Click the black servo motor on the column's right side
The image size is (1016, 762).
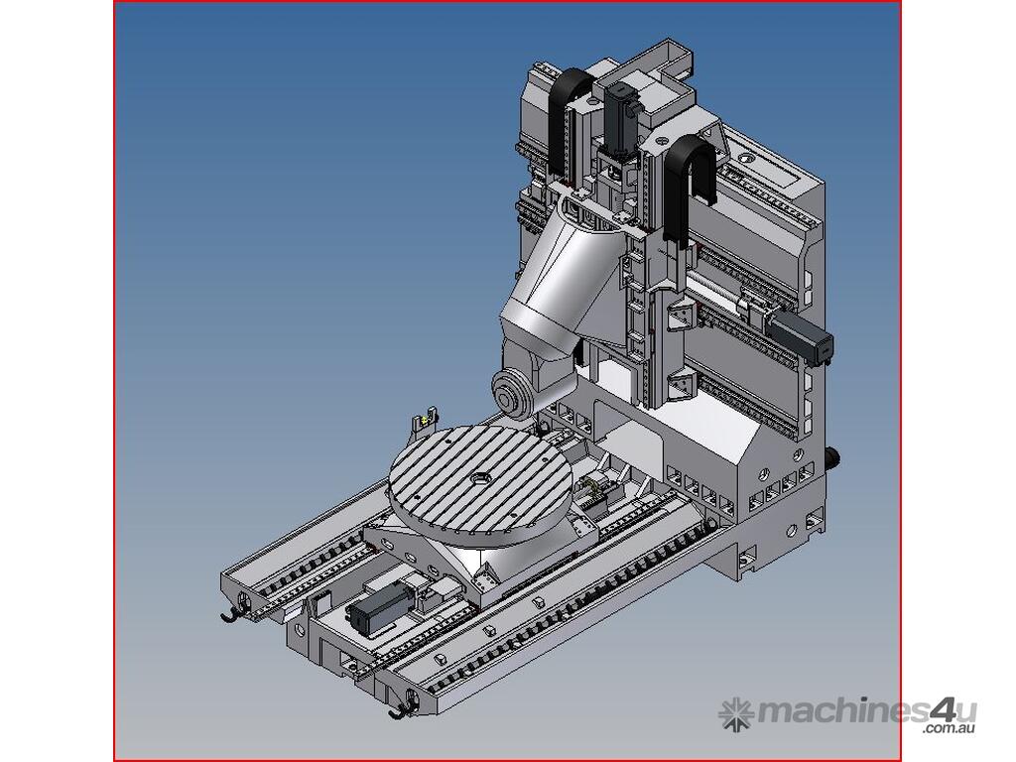pyautogui.click(x=800, y=337)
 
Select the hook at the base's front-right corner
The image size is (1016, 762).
pyautogui.click(x=403, y=710)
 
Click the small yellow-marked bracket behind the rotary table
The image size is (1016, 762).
pyautogui.click(x=425, y=421)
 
